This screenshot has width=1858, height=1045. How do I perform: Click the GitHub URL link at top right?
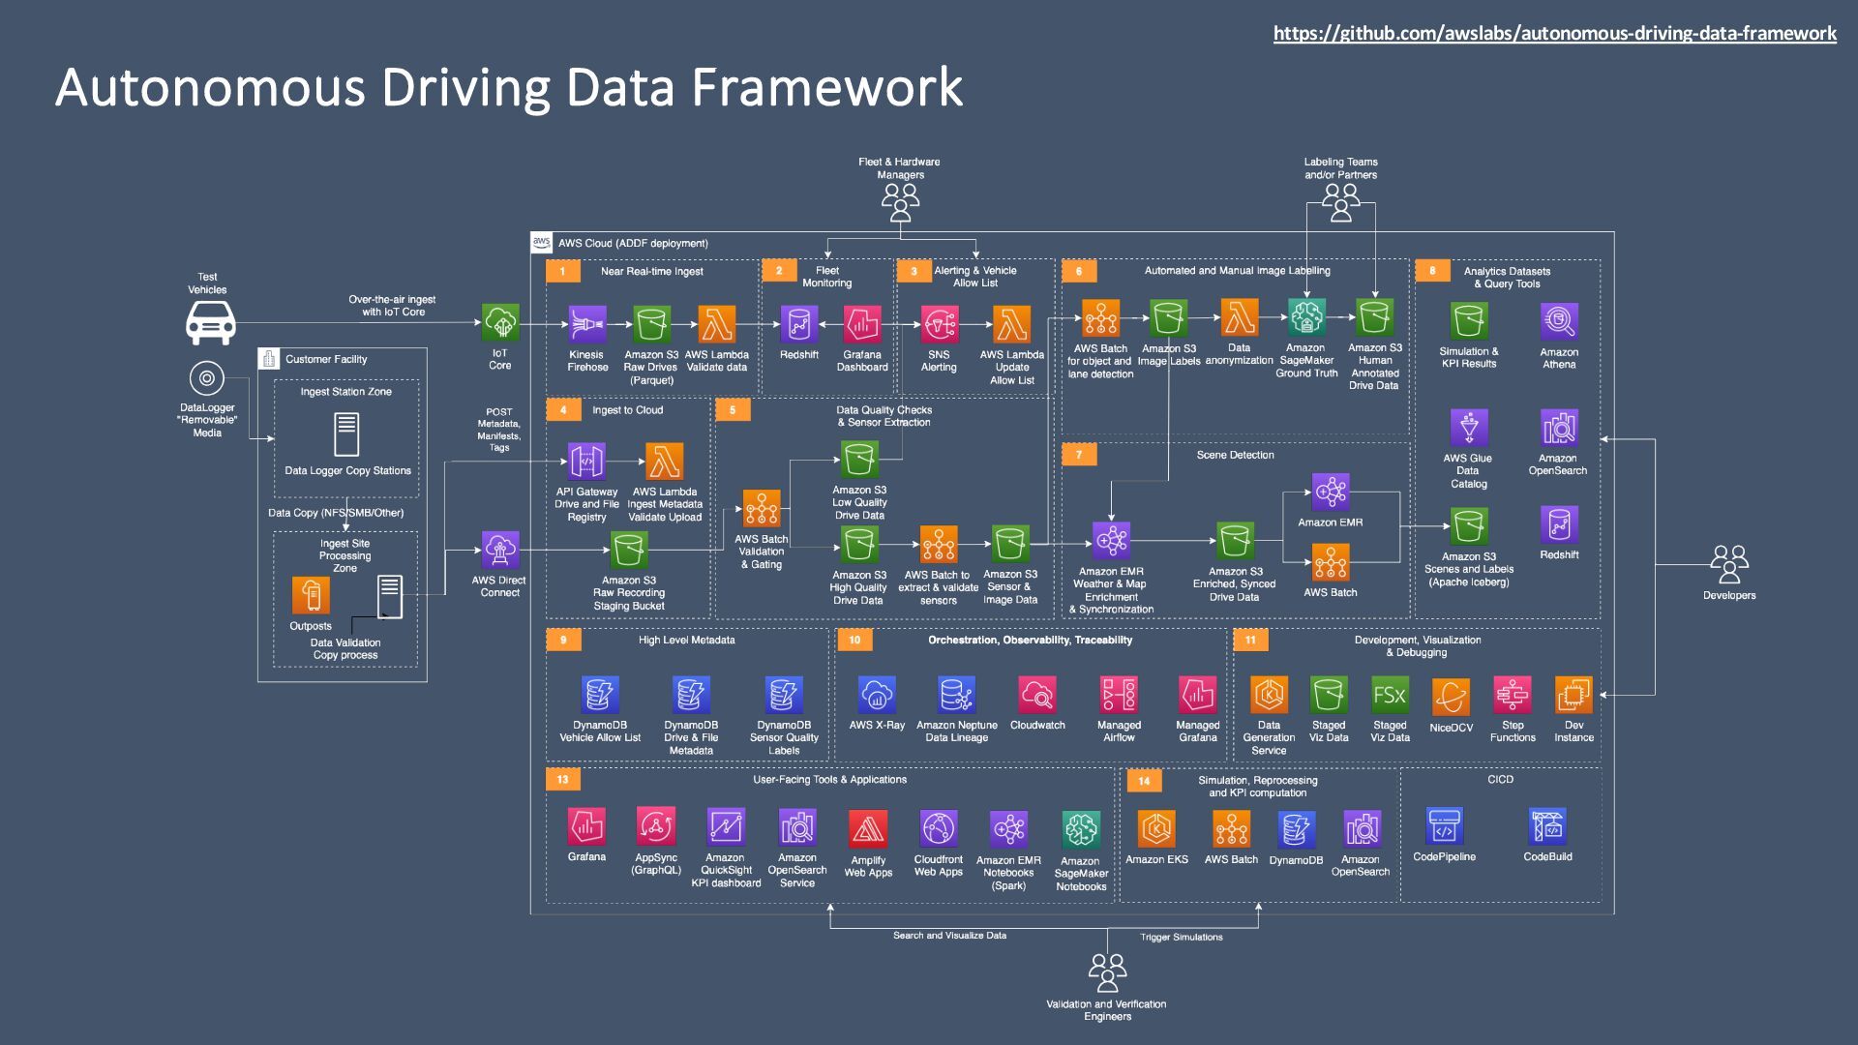[x=1554, y=34]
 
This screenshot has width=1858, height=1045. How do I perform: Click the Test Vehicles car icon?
[x=210, y=322]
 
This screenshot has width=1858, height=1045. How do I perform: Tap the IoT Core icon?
[x=500, y=323]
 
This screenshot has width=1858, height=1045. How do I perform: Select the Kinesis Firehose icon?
[x=586, y=325]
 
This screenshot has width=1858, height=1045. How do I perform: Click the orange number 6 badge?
[x=1079, y=271]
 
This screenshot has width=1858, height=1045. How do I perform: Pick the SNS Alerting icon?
[x=939, y=325]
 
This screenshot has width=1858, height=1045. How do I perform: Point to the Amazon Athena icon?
[x=1559, y=321]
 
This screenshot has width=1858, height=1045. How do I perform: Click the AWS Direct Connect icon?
[x=499, y=550]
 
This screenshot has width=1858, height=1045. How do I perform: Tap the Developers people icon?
[x=1728, y=563]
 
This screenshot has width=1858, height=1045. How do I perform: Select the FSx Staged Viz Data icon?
[x=1390, y=695]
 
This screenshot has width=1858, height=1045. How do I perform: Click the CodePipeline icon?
[x=1444, y=826]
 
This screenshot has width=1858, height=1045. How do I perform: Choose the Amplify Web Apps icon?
[x=868, y=829]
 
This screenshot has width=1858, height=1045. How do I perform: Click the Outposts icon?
[x=311, y=596]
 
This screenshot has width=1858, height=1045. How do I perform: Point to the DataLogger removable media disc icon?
[x=207, y=378]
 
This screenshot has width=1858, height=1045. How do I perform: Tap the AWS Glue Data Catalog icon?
[x=1468, y=428]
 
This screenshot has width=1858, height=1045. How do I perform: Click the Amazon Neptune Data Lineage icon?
[x=956, y=695]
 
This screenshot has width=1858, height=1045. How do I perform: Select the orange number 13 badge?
[x=562, y=780]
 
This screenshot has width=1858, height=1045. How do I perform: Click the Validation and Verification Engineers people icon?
[x=1107, y=972]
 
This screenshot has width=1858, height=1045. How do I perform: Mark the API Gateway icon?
[x=586, y=463]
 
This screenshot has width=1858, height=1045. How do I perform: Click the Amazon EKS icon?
[x=1156, y=829]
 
